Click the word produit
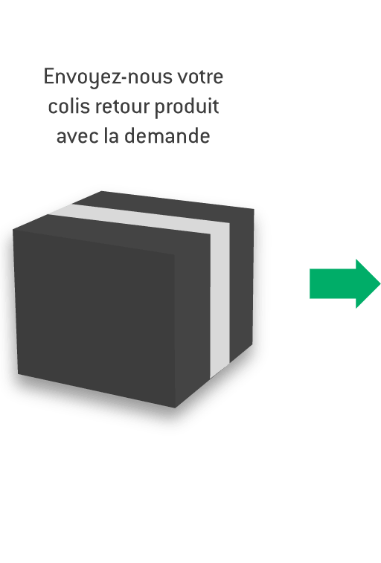tap(187, 107)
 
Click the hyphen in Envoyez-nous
tap(124, 78)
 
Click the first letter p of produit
tap(160, 109)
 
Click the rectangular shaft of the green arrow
tap(333, 283)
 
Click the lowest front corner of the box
tap(175, 408)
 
